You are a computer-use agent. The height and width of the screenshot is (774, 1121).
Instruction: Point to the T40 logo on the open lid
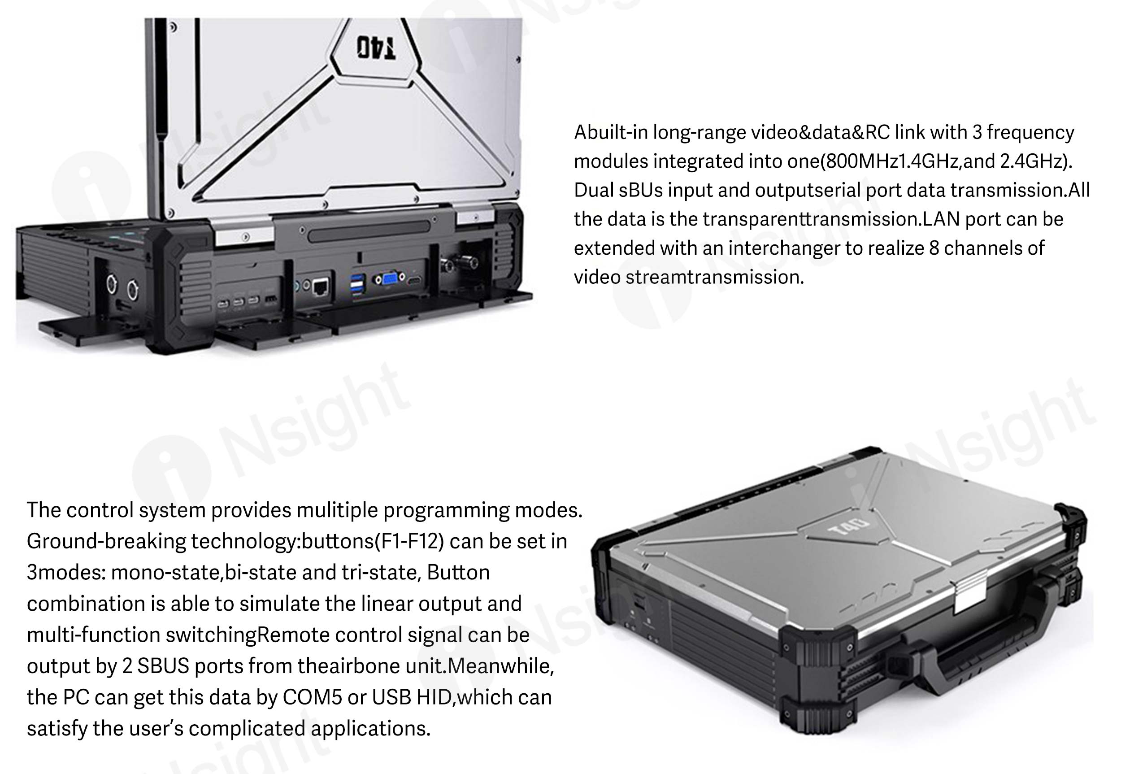coord(376,48)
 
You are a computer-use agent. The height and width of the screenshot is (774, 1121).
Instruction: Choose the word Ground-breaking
coord(106,542)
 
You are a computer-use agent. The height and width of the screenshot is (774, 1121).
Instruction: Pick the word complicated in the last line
coord(247,729)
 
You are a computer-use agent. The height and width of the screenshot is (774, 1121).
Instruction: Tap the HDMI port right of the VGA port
coord(413,281)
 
